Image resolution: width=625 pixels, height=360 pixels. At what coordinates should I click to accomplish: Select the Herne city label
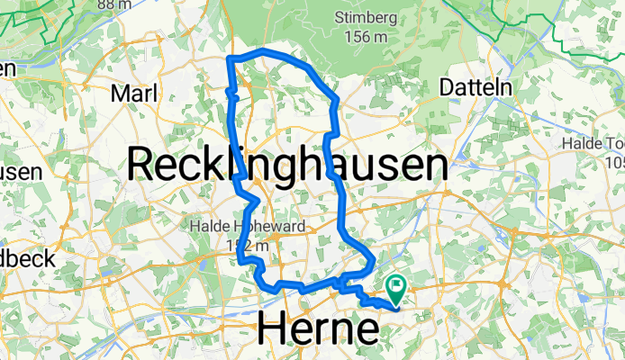tap(318, 329)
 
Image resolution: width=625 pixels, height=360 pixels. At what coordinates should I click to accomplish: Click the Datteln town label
tap(476, 87)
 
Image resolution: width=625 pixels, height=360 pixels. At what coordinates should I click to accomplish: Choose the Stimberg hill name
tap(371, 16)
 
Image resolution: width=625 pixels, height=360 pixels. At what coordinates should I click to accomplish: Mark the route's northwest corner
tap(231, 58)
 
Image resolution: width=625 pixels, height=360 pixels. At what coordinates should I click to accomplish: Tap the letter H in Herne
tap(272, 329)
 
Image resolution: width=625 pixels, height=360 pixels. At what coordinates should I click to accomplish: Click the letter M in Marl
tap(117, 94)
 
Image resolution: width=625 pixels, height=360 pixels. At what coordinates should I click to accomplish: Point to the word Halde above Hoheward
tap(205, 226)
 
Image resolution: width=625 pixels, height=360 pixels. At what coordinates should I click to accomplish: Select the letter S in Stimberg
tap(340, 16)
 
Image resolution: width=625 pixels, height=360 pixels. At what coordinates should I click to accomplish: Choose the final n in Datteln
tap(506, 87)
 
